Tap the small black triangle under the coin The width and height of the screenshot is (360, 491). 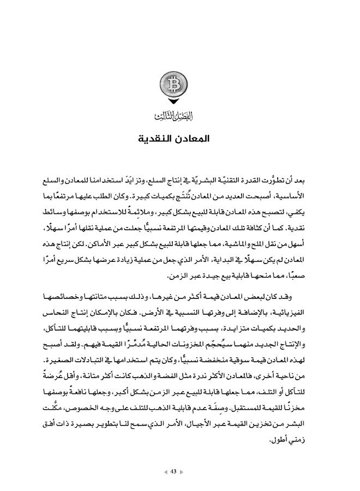click(x=175, y=102)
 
